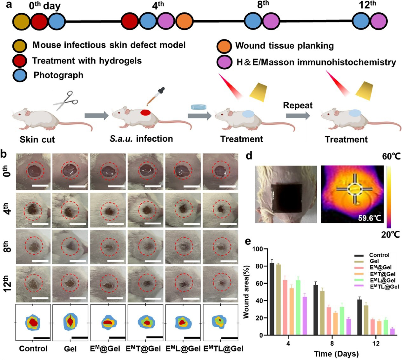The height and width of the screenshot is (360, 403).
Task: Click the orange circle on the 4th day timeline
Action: (x=184, y=21)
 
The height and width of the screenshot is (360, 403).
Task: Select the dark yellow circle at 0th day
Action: (x=21, y=22)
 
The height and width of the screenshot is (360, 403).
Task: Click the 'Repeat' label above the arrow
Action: (x=298, y=105)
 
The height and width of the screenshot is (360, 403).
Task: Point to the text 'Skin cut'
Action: (x=37, y=139)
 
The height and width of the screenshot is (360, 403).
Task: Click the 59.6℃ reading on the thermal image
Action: (x=369, y=218)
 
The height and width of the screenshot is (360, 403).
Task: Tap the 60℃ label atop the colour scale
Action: (x=391, y=156)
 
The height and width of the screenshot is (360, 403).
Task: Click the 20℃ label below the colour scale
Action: (x=391, y=234)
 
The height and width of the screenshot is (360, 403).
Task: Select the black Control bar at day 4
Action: (x=272, y=299)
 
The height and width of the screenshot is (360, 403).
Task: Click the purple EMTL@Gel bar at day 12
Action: (x=393, y=332)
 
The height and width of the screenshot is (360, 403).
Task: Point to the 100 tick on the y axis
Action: (x=258, y=249)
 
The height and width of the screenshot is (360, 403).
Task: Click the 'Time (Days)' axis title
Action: (x=336, y=354)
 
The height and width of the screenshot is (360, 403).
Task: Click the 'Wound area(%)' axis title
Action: (x=246, y=292)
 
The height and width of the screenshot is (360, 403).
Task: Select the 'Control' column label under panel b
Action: (x=33, y=349)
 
